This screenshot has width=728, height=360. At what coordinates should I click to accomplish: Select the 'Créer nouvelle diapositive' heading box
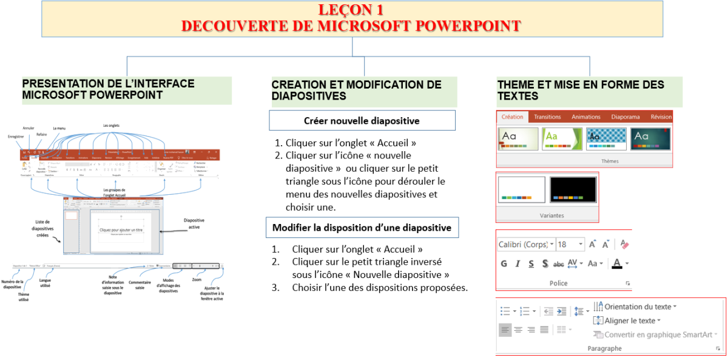click(362, 121)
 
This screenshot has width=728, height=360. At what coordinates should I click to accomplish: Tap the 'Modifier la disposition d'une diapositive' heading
click(362, 228)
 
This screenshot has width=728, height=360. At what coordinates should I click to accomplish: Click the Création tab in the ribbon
click(513, 117)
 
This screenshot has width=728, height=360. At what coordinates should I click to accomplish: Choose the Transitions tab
click(547, 117)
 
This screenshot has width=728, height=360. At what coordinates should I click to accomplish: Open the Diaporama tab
click(625, 117)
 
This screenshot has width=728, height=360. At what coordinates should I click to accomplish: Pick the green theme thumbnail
click(562, 138)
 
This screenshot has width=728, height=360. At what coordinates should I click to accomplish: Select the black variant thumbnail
click(573, 189)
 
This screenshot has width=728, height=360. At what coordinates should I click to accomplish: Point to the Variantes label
click(551, 216)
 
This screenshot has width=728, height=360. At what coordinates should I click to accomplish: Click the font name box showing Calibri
click(523, 245)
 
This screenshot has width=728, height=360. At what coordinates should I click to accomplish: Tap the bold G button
click(504, 263)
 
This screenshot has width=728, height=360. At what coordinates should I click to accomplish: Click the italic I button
click(517, 263)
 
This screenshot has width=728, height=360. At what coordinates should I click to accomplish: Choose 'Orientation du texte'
click(639, 307)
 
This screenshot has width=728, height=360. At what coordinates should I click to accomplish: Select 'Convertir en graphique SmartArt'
click(656, 335)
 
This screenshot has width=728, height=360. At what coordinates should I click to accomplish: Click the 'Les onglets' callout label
click(112, 126)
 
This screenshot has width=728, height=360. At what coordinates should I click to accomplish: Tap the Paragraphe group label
click(604, 348)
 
